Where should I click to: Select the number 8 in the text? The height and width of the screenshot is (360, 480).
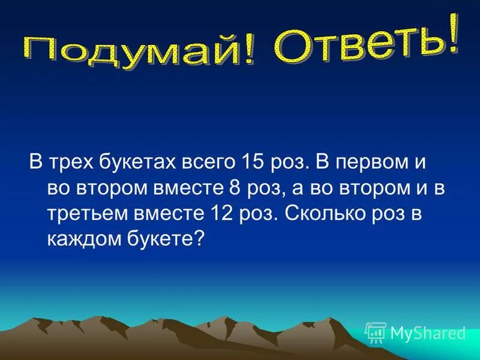tap(235, 188)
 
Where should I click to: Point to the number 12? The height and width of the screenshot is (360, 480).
tap(220, 213)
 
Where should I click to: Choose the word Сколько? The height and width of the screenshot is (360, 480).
tap(319, 213)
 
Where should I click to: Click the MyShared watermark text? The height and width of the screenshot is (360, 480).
tap(428, 332)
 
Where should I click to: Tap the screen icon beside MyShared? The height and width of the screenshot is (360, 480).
tap(376, 332)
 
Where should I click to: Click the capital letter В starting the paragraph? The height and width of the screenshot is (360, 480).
tap(35, 163)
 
